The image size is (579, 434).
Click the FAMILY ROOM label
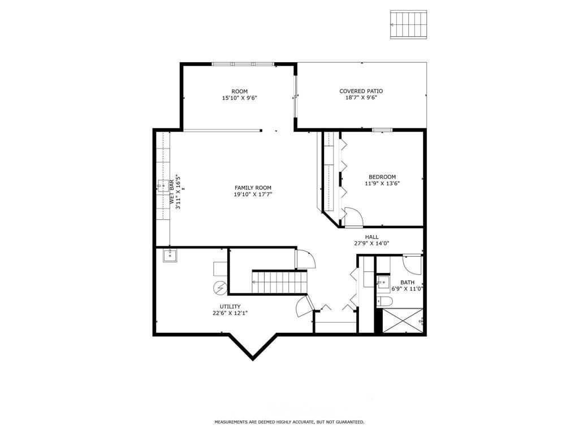pos(253,188)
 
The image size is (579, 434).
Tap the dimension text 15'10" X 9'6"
pos(240,98)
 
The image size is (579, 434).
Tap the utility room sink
pos(170,256)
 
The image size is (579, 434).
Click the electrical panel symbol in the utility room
pos(220,288)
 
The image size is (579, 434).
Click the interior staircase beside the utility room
pos(279,282)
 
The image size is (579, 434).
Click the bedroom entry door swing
pos(352,218)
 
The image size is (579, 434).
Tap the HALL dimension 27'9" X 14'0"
pos(371,244)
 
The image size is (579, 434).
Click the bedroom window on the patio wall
pos(382,130)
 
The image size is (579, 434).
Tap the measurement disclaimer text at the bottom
pos(289,422)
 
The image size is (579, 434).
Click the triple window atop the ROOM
pos(242,64)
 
